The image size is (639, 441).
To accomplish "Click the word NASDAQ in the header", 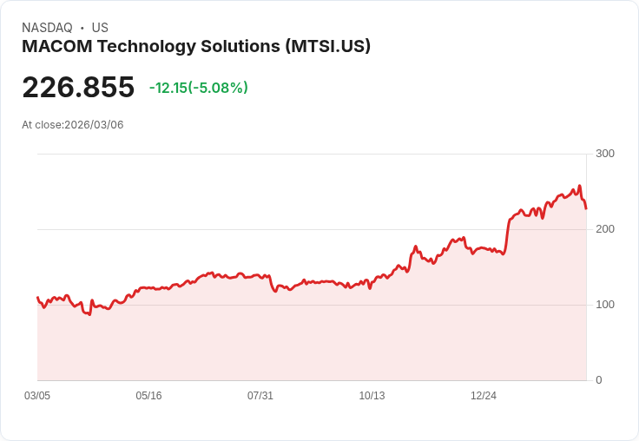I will point(47,28).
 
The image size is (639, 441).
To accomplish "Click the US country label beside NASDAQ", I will point(100,28).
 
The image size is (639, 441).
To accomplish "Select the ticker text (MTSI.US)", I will point(327,47).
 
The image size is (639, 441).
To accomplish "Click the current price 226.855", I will point(78,88).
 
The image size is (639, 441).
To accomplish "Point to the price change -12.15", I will point(167,88).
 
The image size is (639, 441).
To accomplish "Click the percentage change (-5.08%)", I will point(218,88).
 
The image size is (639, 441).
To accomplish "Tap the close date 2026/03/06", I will point(94,125).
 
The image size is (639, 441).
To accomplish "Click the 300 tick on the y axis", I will point(604,154).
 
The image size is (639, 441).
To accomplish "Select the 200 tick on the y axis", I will point(604,229).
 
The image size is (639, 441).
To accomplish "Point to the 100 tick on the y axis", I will point(604,305).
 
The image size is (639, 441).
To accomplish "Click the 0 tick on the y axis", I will point(599,380).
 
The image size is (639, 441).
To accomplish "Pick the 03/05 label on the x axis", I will point(37,396).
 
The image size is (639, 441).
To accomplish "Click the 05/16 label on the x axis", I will point(148,396).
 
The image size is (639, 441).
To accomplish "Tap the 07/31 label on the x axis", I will point(260,396).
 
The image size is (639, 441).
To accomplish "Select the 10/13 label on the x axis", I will point(372,396).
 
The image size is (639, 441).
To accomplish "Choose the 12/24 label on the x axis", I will point(484,396).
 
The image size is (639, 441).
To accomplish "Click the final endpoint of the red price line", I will point(586,208).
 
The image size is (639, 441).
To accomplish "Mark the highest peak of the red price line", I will point(579,186).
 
